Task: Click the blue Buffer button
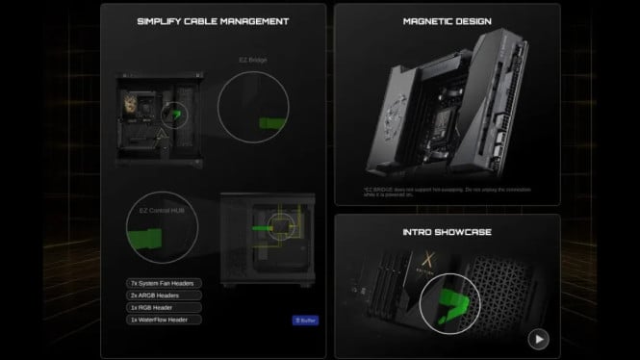[x=305, y=320]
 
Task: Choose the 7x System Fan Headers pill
[x=164, y=283]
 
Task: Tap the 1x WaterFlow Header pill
[x=164, y=320]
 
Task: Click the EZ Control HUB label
[x=152, y=207]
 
